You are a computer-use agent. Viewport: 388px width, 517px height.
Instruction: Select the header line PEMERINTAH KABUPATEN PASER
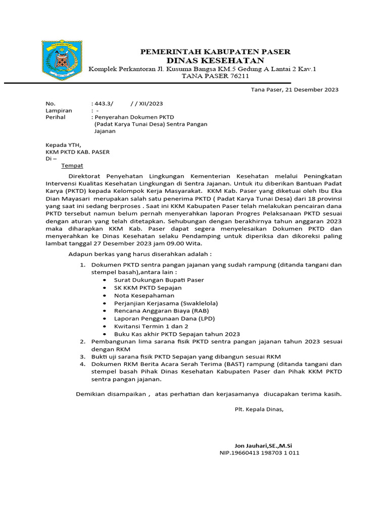pyautogui.click(x=215, y=51)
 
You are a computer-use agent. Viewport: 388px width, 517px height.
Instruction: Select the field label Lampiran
pyautogui.click(x=59, y=110)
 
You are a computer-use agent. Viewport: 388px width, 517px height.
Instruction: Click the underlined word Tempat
pyautogui.click(x=72, y=165)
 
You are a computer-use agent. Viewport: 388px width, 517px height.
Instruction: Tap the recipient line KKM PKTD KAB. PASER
pyautogui.click(x=77, y=151)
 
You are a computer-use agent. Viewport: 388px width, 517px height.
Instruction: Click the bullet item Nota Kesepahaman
pyautogui.click(x=144, y=295)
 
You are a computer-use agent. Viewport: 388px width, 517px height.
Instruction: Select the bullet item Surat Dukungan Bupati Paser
pyautogui.click(x=159, y=280)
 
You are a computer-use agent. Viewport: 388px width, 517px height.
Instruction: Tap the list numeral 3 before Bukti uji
pyautogui.click(x=83, y=356)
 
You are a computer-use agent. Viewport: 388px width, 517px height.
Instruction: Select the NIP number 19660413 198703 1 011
pyautogui.click(x=259, y=453)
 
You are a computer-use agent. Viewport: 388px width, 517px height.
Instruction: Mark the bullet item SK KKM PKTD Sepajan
pyautogui.click(x=148, y=287)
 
